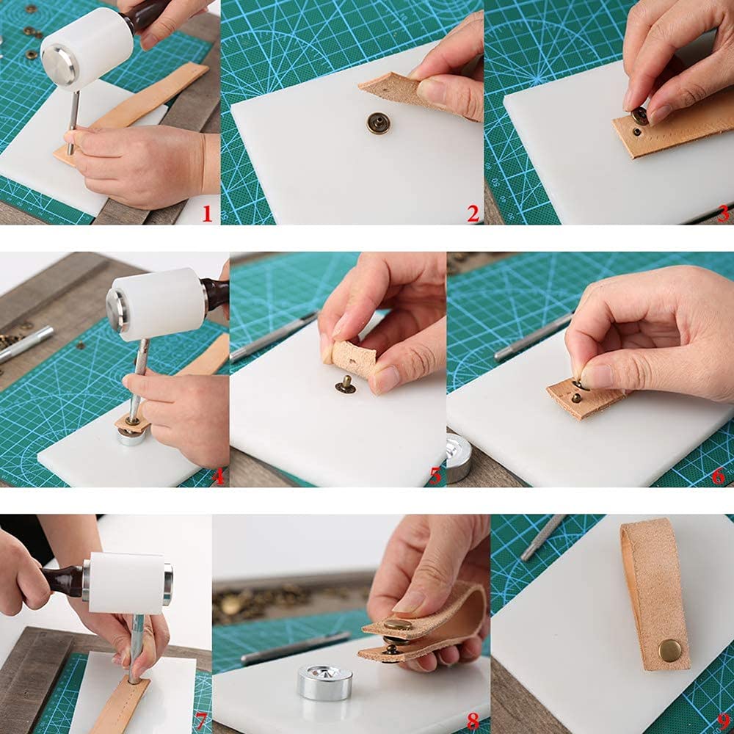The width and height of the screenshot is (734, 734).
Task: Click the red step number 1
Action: tap(207, 214)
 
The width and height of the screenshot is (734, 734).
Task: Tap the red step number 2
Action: tap(473, 214)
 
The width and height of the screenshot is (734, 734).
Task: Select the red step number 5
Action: tap(435, 476)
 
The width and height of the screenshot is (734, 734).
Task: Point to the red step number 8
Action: tap(473, 722)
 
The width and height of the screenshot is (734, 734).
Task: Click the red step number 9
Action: tap(724, 722)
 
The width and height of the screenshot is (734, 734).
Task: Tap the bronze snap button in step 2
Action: tap(378, 123)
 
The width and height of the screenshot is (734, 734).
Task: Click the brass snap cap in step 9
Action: tap(670, 650)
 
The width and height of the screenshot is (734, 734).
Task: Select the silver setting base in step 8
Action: tap(325, 682)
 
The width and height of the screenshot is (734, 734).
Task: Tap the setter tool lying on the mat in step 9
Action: tap(542, 538)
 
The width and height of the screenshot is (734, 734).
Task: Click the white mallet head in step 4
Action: tap(158, 305)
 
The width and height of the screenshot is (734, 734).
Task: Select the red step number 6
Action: tap(719, 476)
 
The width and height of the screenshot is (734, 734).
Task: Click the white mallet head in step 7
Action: tap(127, 584)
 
